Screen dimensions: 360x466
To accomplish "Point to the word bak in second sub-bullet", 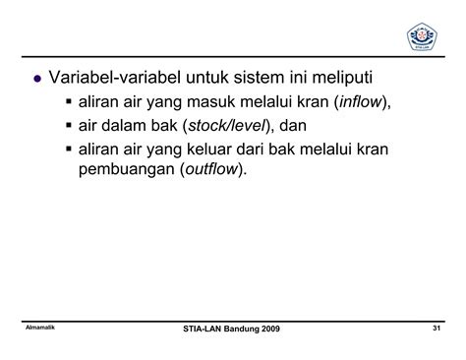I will [157, 126].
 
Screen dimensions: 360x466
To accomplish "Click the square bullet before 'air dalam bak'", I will [68, 126].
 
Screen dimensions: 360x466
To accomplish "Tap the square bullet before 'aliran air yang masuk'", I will [68, 102].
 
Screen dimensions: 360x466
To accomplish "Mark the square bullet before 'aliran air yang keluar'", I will [68, 149].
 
